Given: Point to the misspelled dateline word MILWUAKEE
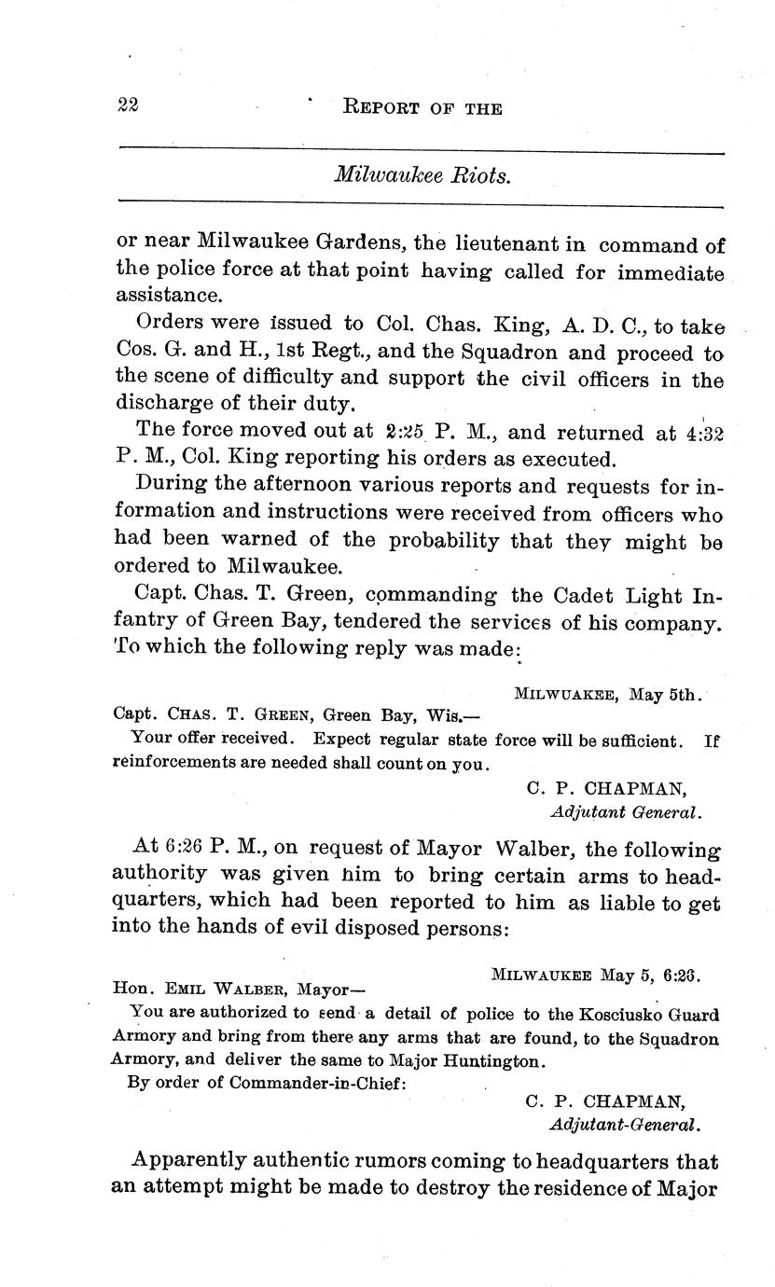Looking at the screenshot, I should tap(564, 694).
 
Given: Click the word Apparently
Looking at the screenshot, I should tap(189, 1161).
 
